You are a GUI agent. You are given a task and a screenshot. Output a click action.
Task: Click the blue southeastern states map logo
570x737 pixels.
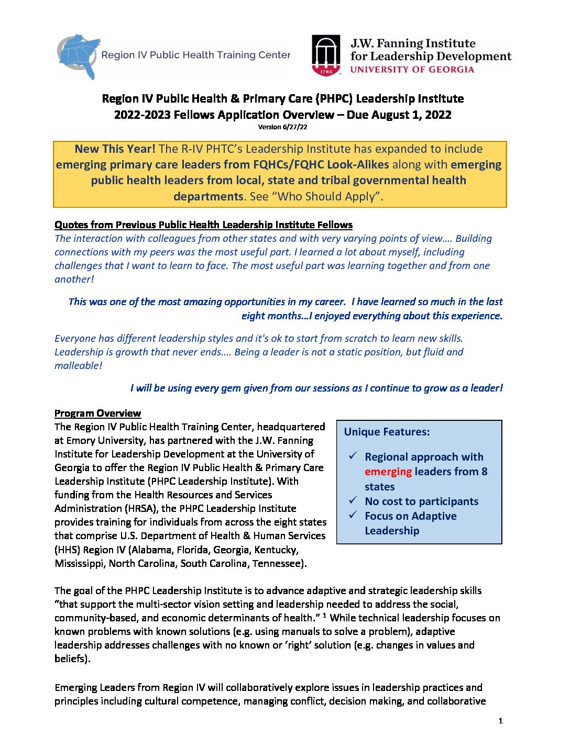click(79, 55)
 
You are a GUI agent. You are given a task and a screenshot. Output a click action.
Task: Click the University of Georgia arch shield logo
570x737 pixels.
click(326, 55)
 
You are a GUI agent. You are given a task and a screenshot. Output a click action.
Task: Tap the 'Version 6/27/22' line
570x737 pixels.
click(282, 127)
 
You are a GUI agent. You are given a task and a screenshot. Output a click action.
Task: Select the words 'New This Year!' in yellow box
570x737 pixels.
click(115, 149)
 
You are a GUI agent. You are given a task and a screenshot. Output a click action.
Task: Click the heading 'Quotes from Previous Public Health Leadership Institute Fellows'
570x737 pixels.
click(203, 225)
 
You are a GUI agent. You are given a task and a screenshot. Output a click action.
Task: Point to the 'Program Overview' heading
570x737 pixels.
click(97, 414)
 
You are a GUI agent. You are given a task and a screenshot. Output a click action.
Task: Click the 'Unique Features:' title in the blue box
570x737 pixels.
click(387, 432)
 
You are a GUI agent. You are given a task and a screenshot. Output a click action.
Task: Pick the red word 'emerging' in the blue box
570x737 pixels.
click(388, 472)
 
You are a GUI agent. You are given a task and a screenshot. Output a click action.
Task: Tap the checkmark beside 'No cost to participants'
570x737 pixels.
click(354, 500)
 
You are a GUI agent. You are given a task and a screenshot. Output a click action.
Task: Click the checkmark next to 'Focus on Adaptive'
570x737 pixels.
click(354, 515)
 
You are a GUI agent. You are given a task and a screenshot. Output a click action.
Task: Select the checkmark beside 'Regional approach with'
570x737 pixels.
click(354, 456)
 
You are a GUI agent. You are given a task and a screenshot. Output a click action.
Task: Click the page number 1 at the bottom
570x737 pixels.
click(500, 721)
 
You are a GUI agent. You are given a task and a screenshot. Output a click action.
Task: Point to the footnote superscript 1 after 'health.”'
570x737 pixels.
click(325, 615)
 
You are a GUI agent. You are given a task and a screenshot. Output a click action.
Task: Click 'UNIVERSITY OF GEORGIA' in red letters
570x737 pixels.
click(412, 70)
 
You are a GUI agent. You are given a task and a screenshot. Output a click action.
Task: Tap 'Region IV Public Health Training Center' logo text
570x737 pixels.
click(195, 55)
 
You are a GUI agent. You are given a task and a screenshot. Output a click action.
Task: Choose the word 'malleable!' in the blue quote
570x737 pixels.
click(78, 366)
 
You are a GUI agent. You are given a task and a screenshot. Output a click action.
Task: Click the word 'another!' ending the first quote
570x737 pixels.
click(74, 280)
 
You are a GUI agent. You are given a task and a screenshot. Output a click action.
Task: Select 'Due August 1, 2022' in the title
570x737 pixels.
click(399, 115)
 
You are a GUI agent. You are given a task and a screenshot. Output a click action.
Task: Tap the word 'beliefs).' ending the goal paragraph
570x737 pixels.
click(72, 659)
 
